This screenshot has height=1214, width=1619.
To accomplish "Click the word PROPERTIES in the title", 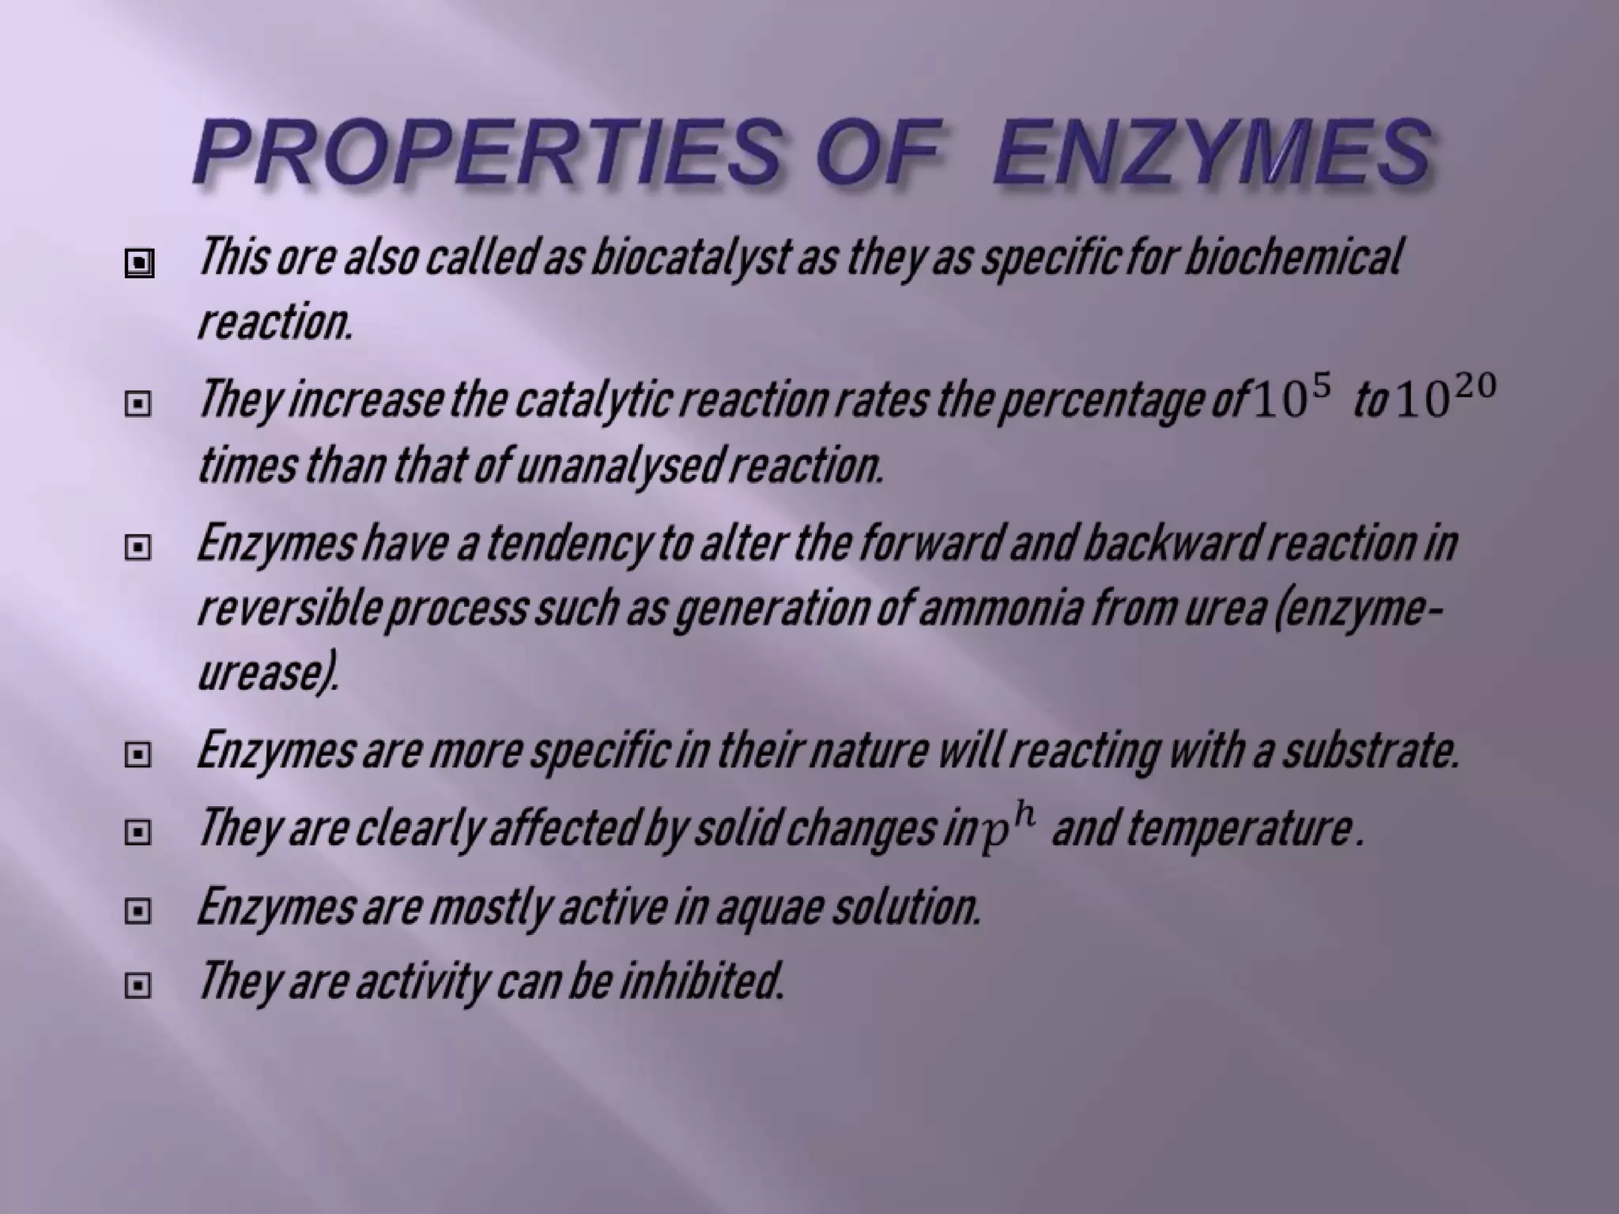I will coord(486,150).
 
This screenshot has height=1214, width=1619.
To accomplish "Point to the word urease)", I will coord(268,673).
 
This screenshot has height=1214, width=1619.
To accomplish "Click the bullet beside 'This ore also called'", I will coord(138,263).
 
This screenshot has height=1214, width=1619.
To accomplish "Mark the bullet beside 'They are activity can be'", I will coord(138,986).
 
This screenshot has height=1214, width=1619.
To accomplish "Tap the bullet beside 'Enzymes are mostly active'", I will coord(138,912).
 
